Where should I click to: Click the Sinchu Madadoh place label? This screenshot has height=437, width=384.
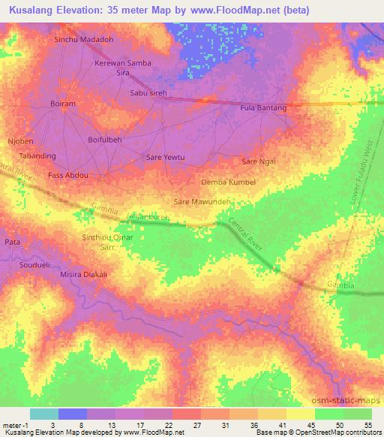click(x=82, y=40)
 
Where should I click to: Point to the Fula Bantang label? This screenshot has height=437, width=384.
click(x=262, y=108)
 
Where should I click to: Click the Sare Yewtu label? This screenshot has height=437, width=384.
click(x=164, y=158)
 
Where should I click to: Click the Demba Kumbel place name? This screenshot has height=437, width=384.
click(x=229, y=182)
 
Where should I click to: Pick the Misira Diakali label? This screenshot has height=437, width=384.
click(x=83, y=275)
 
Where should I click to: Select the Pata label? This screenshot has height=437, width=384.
click(x=12, y=243)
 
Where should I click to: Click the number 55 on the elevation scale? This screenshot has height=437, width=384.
click(x=367, y=424)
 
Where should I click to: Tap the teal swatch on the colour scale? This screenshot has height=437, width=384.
click(x=44, y=414)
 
